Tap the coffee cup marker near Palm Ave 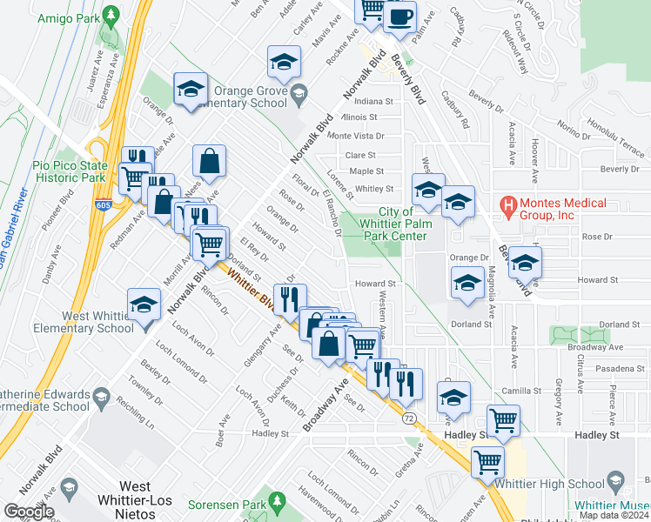point(399,17)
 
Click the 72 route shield point(408,418)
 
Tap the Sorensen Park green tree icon point(278,501)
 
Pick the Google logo point(29,512)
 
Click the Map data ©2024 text point(613,515)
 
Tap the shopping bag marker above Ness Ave point(210,161)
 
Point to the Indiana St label point(373,101)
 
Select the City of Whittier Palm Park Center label point(402,224)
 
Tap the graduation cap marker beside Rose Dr point(525,262)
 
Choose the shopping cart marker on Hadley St point(504,421)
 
